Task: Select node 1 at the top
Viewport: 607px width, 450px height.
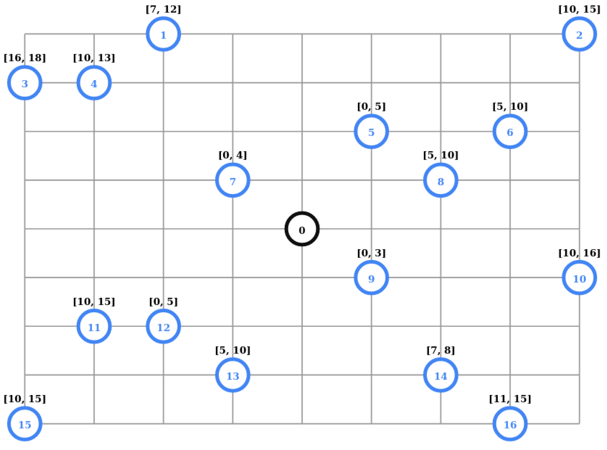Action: (x=163, y=34)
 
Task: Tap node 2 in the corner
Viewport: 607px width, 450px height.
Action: (x=579, y=34)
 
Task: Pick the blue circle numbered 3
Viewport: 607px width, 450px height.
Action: (x=25, y=83)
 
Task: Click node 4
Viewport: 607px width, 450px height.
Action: (x=94, y=83)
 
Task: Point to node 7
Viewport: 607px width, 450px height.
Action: (x=233, y=180)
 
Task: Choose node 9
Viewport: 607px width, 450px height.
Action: (x=371, y=277)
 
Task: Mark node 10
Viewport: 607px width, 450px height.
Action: (x=579, y=277)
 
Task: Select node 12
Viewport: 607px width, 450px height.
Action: (x=163, y=326)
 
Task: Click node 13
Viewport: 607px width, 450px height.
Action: (x=233, y=375)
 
